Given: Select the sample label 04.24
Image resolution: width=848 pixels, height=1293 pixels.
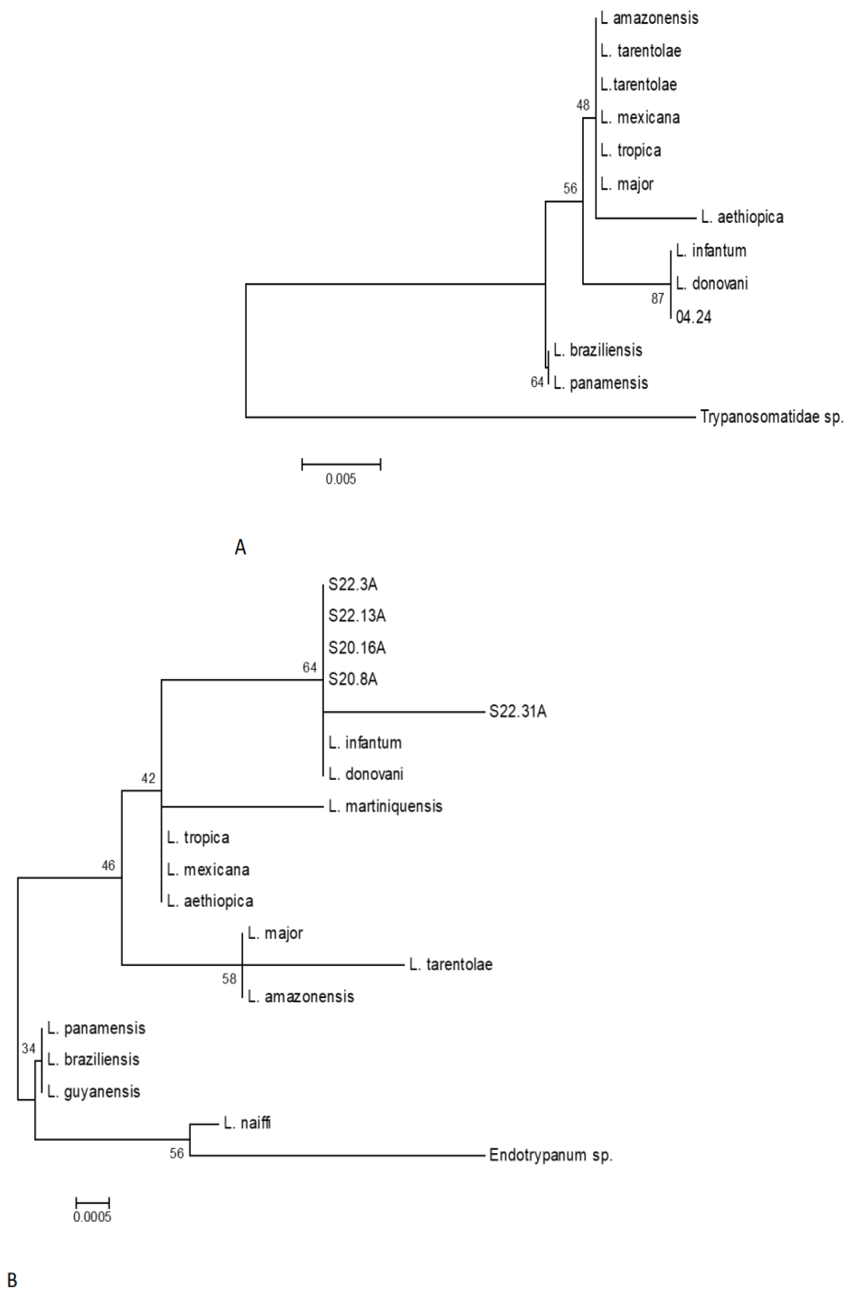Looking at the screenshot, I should (x=693, y=317).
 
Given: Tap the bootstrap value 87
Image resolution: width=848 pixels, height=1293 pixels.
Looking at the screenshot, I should (x=657, y=298).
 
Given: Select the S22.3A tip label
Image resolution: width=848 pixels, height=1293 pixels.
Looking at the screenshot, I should (x=353, y=584).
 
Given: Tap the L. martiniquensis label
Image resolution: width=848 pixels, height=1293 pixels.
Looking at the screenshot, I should (x=385, y=806).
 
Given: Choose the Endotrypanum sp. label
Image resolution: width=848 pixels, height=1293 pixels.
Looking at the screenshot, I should (x=550, y=1155).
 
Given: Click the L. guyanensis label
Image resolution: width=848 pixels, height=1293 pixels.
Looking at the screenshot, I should (x=94, y=1091).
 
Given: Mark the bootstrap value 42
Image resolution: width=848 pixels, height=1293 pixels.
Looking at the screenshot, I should (x=148, y=779).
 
